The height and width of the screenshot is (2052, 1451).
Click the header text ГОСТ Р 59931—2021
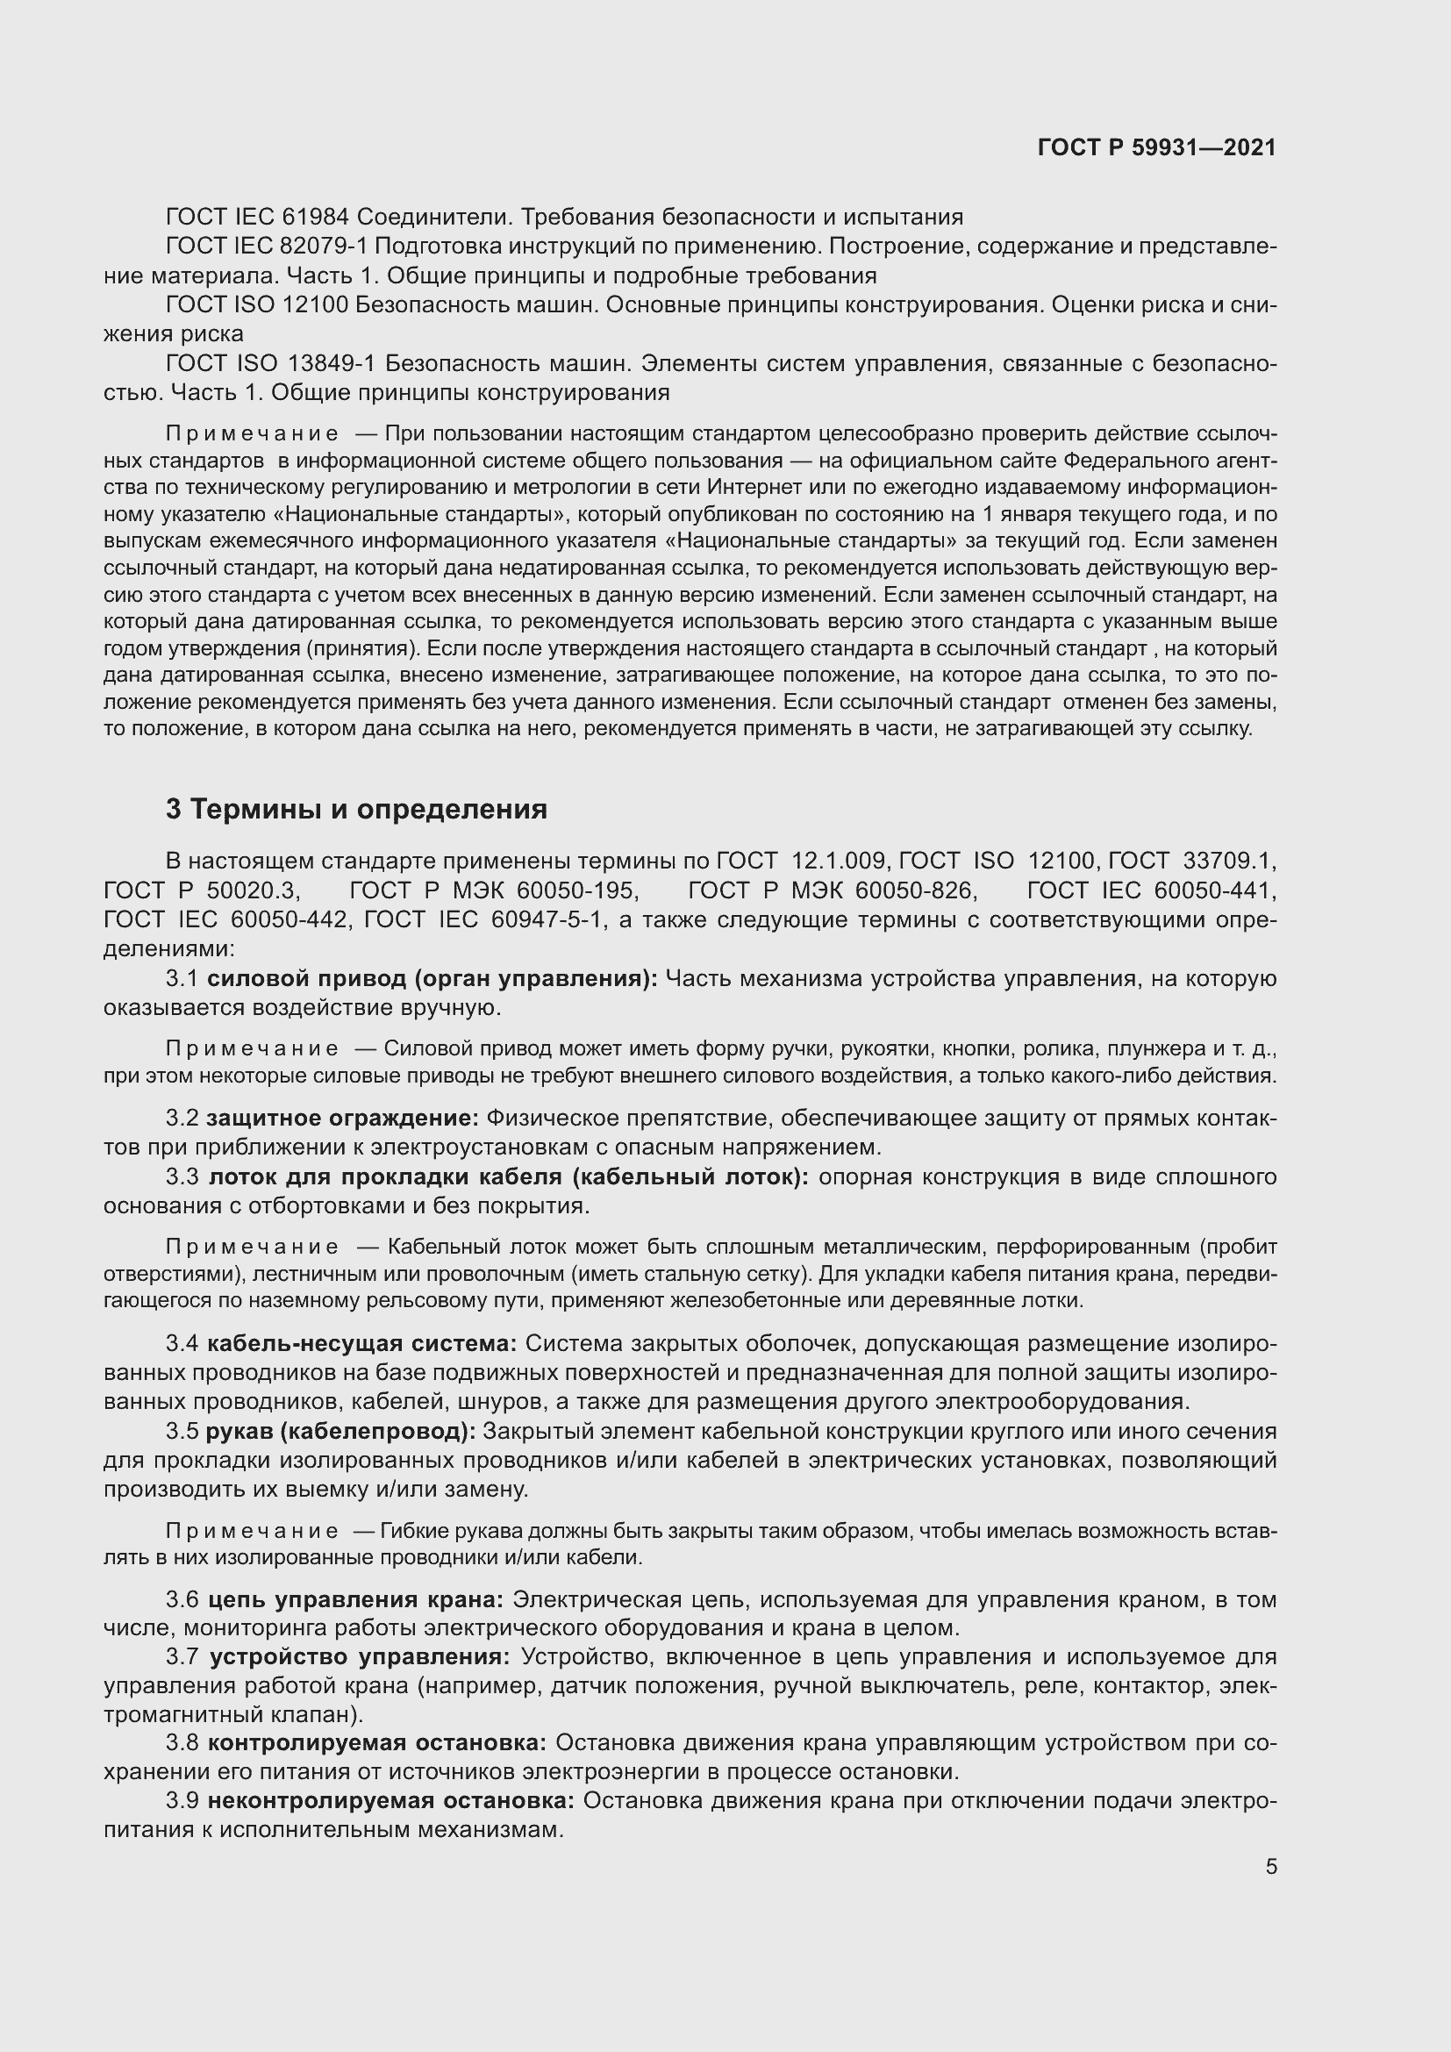point(1156,147)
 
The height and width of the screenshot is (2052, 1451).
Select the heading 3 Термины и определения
point(355,809)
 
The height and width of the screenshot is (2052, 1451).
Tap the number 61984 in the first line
point(317,218)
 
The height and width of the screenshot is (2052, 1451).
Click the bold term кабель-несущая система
point(361,1343)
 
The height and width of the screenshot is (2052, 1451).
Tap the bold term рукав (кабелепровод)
point(340,1431)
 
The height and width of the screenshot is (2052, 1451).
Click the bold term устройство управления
point(359,1657)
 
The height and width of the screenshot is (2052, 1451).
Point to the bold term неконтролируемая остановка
point(391,1801)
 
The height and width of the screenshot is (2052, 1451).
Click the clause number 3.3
point(182,1177)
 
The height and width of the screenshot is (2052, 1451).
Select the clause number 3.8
point(182,1744)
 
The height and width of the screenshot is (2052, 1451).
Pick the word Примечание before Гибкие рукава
point(252,1531)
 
